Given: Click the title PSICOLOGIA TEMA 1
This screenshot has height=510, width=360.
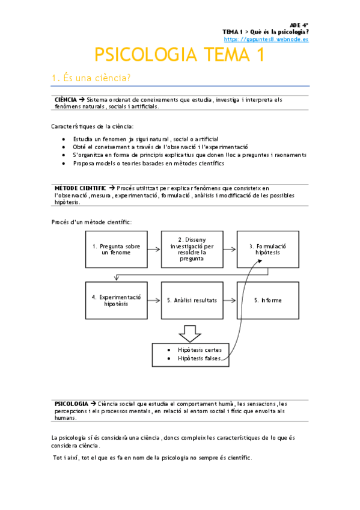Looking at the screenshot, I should click(179, 55).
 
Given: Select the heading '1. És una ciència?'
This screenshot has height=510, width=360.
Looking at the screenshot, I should click(91, 78).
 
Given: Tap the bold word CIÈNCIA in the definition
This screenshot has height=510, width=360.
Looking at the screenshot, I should click(66, 99).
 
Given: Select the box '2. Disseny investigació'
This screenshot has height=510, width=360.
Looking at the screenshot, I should click(192, 249).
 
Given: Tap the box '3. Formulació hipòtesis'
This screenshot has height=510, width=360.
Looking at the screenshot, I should click(267, 249).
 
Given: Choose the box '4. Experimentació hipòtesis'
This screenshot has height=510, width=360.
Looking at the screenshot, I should click(116, 300).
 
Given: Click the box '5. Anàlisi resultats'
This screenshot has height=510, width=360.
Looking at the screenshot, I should click(192, 300).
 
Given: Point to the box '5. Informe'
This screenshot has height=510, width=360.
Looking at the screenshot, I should click(267, 300).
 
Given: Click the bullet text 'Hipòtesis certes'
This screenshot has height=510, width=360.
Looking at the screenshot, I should click(200, 349).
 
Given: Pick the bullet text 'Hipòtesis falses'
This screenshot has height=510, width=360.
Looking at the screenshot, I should click(200, 358).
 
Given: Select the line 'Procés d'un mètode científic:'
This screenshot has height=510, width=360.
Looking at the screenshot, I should click(91, 222).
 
